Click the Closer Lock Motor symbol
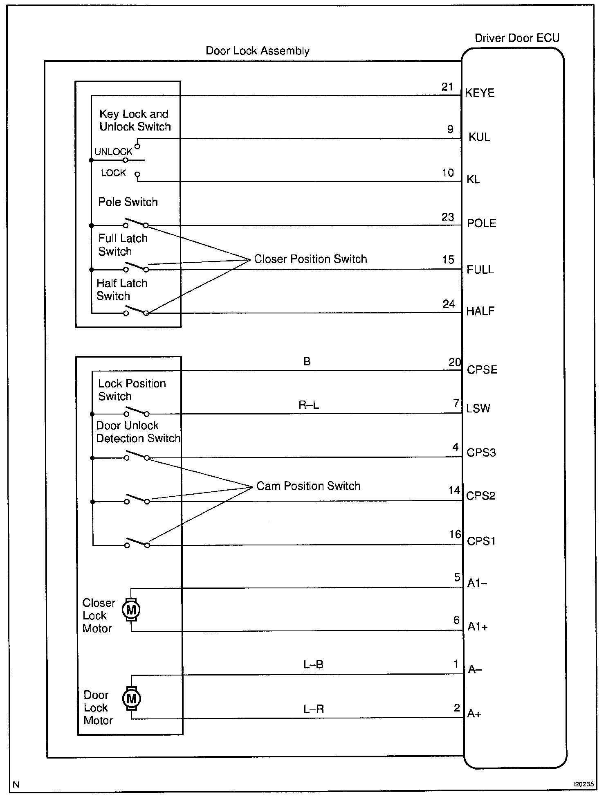coord(131,610)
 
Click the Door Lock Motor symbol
coord(132,698)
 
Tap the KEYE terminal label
coord(480,93)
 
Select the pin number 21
coord(447,87)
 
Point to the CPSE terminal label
coord(482,369)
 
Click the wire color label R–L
coord(309,405)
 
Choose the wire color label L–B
coord(313,664)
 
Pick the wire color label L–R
coord(314,709)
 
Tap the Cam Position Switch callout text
coord(308,486)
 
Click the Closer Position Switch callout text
coord(310,259)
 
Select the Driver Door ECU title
coord(517,38)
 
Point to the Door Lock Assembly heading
coord(257,51)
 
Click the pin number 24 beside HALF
coord(449,304)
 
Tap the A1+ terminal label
coord(478,627)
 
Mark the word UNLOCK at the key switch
coord(113,152)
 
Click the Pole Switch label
coord(128,202)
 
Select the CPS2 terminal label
coord(481,496)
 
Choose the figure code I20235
coord(583,784)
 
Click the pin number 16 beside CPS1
coord(455,534)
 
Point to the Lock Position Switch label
coord(132,389)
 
